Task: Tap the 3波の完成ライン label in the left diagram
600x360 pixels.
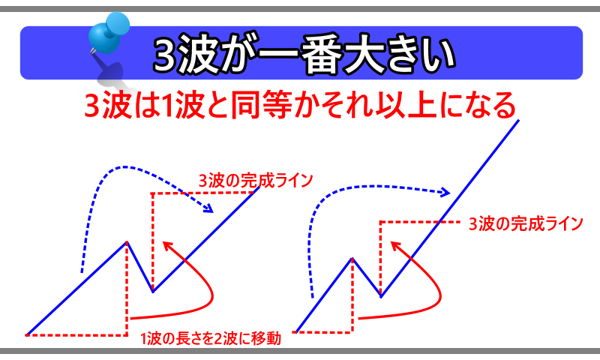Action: point(256,181)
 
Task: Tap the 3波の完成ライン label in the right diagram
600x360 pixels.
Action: point(526,223)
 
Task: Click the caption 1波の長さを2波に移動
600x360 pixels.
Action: point(211,338)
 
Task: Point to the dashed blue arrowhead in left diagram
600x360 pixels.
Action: point(209,208)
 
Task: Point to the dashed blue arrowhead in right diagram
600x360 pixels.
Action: point(445,192)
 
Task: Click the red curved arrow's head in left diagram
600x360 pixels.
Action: point(166,245)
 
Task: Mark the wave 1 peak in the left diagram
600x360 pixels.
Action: point(127,241)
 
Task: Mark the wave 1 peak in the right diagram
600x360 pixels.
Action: point(352,259)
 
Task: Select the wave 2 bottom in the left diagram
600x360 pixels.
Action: point(153,292)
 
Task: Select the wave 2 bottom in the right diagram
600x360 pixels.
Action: point(381,296)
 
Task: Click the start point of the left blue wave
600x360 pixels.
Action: point(27,334)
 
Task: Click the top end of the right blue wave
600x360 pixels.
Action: point(519,120)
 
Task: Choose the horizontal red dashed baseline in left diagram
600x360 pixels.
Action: point(76,335)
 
